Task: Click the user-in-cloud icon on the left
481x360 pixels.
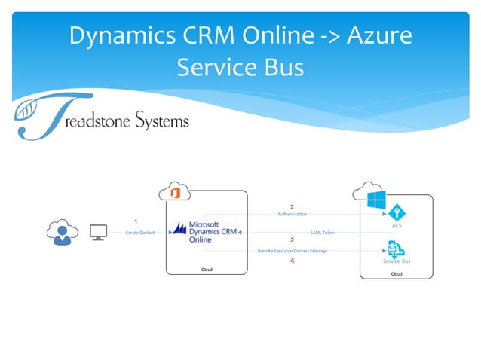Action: pos(61,231)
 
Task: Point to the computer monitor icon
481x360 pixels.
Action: pos(98,232)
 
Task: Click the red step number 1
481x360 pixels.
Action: pos(136,221)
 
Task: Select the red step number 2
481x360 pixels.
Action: pos(292,206)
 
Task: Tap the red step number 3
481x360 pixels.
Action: pos(292,239)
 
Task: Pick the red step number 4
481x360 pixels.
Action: pos(292,261)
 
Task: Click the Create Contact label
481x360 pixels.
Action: pos(140,233)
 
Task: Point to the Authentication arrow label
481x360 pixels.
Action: pos(292,215)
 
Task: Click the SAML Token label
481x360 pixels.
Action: pos(322,233)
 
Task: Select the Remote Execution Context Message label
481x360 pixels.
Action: pos(293,250)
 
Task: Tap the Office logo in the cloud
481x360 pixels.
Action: pos(174,193)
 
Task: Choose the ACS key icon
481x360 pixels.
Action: pos(397,213)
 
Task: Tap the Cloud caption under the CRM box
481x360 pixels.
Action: pos(207,269)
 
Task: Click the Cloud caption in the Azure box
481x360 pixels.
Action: pos(397,273)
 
